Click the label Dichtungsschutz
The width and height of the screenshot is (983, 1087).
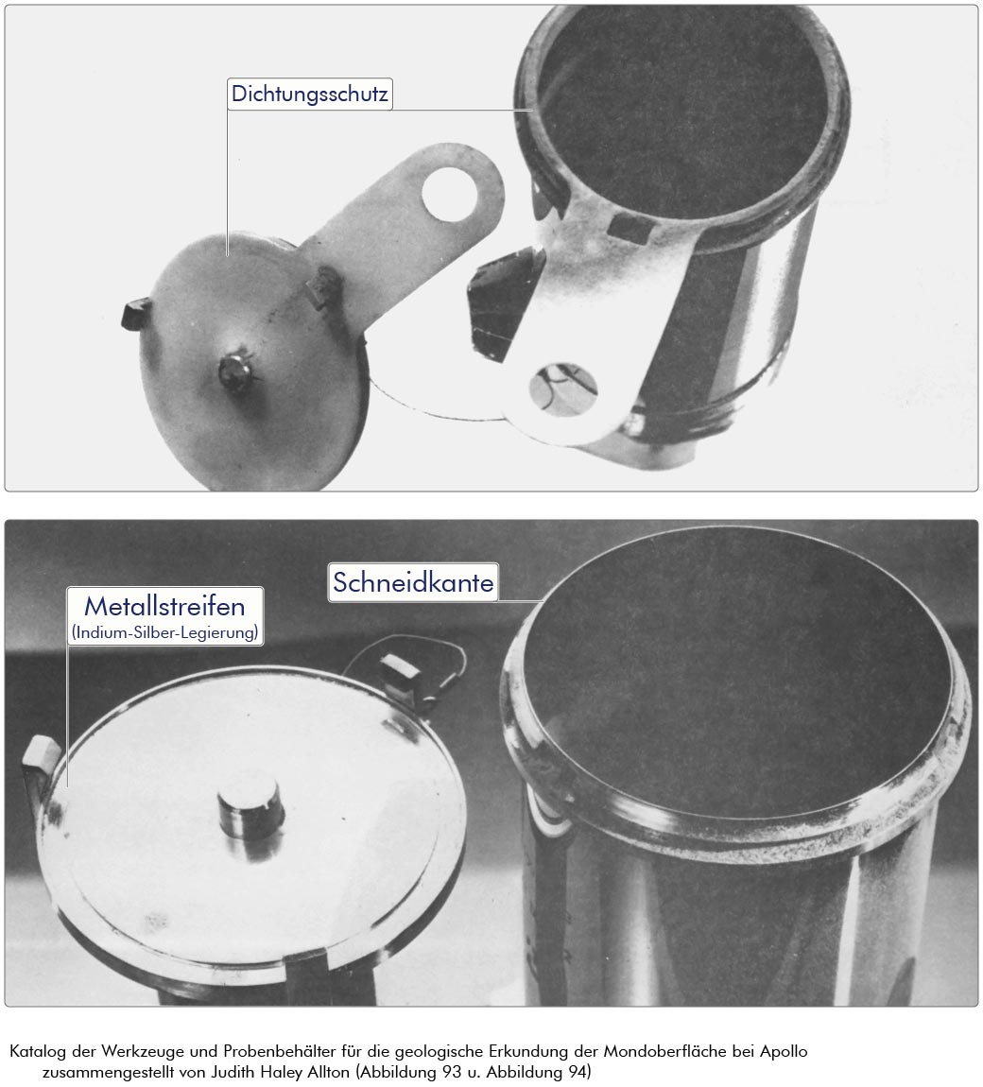310,94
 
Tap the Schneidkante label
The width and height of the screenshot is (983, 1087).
413,582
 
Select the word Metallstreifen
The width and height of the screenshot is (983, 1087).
165,607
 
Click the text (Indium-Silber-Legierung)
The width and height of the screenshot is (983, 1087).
165,632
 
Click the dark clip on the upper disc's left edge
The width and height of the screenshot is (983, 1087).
136,314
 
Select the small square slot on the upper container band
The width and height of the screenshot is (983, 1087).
629,228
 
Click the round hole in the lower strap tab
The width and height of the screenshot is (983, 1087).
563,388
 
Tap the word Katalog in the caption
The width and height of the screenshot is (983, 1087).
38,1051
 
